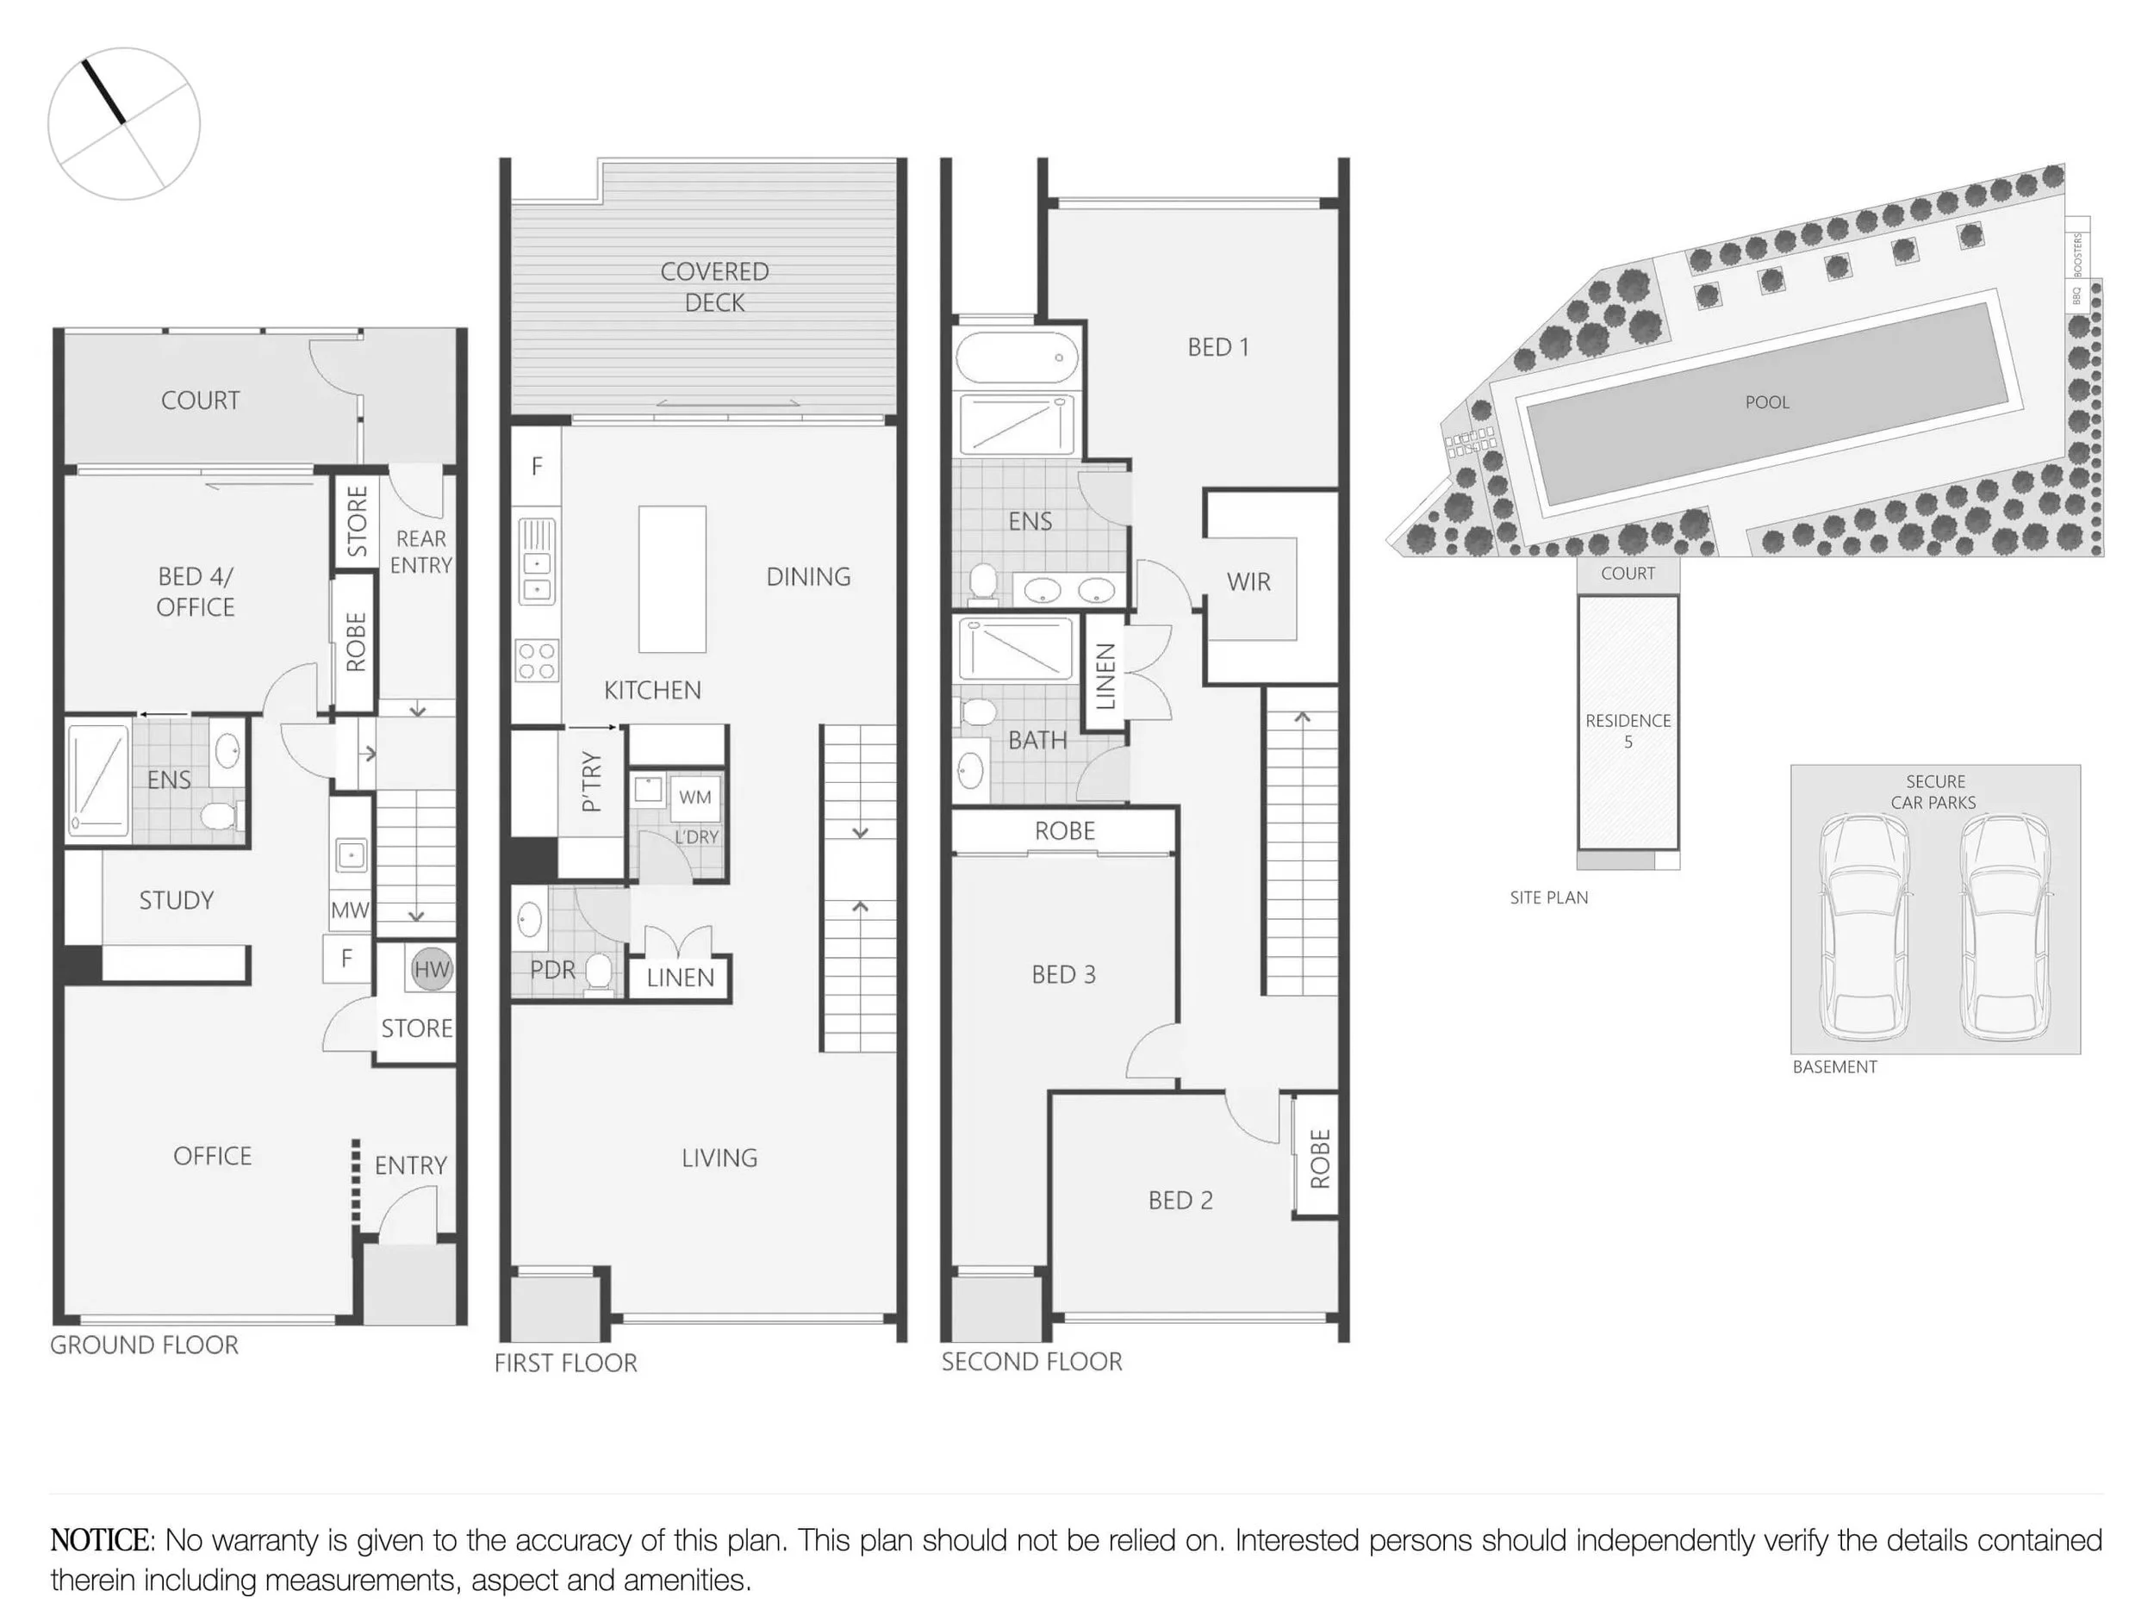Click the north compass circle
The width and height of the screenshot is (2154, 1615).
click(124, 124)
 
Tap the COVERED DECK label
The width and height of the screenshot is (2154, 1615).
click(715, 286)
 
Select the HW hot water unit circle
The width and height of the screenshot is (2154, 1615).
click(432, 969)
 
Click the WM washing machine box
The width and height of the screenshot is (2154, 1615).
click(694, 797)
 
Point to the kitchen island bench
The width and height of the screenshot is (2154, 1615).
click(672, 578)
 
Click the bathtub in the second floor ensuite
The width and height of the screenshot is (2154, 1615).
click(1016, 357)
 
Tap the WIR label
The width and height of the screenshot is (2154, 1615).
click(1248, 581)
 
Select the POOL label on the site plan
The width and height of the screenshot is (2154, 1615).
click(1766, 402)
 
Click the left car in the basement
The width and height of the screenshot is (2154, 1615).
click(1865, 927)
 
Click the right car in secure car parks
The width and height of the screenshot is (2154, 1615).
click(2005, 927)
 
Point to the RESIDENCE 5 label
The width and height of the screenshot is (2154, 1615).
click(1628, 730)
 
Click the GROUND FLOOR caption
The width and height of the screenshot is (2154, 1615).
click(144, 1345)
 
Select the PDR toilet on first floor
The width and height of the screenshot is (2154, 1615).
click(599, 973)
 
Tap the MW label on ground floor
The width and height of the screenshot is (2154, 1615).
click(350, 910)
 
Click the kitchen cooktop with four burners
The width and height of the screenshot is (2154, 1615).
click(537, 659)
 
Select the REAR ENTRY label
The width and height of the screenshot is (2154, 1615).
click(420, 551)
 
